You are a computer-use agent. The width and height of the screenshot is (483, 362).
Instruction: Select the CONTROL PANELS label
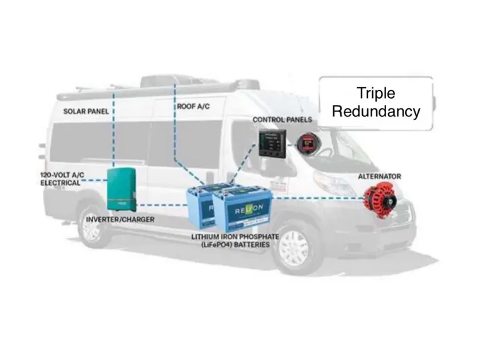(279, 119)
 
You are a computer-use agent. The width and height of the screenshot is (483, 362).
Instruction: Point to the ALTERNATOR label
(379, 176)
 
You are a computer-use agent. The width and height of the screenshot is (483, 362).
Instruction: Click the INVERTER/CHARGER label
(119, 220)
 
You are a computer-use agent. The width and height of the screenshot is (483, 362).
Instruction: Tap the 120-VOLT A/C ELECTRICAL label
(58, 179)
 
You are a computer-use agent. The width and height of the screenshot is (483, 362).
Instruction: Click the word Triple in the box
(375, 94)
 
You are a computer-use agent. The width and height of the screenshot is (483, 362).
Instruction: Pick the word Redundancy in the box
(375, 112)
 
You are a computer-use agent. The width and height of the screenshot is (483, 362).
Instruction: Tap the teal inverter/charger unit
(121, 189)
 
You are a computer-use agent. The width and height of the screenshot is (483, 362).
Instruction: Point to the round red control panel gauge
(308, 143)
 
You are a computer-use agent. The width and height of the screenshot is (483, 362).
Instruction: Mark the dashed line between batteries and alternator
(314, 199)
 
